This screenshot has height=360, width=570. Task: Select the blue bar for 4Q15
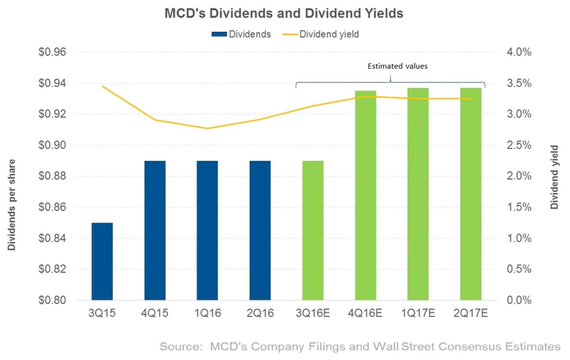point(155,230)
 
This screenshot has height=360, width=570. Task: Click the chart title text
point(284,13)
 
